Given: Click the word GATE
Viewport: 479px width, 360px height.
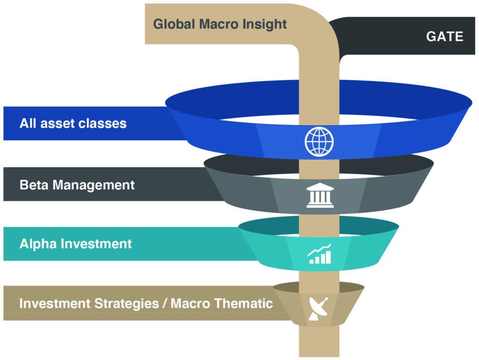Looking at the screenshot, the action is point(444,37).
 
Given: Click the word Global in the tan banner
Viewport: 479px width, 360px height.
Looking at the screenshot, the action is point(174,24).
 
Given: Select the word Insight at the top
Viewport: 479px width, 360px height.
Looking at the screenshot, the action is point(264,24).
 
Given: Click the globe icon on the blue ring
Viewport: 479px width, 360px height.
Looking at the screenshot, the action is point(319,141).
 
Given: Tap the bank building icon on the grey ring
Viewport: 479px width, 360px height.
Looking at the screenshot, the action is point(320,195).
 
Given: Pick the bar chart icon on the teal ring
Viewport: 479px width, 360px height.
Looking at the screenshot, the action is point(319,254).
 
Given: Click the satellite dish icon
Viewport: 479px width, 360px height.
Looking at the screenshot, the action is point(318,309).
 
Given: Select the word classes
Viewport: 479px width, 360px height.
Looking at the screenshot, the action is point(102,123).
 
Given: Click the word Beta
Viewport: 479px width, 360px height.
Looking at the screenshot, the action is point(34,185).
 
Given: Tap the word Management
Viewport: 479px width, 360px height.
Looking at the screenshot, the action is point(94,185).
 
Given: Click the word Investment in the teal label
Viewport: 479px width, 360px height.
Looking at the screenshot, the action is point(96,243).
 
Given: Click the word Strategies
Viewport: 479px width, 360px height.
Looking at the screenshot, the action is point(126,304).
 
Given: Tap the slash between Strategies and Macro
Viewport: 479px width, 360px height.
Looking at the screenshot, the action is point(165,303).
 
